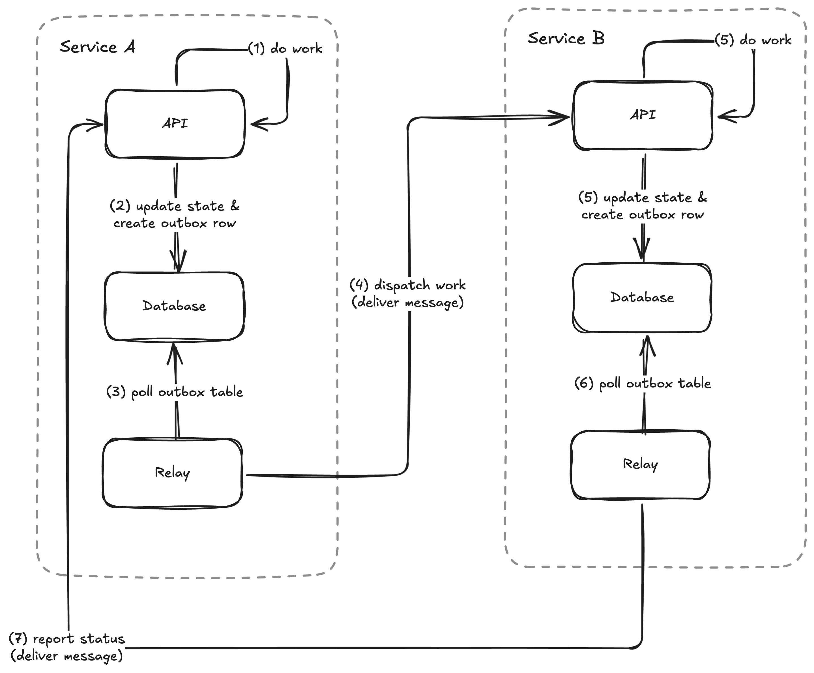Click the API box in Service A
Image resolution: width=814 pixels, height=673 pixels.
(x=175, y=124)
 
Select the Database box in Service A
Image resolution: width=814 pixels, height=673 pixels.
(x=174, y=306)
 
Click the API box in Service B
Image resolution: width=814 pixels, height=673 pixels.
(x=643, y=115)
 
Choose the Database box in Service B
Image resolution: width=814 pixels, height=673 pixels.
(x=642, y=297)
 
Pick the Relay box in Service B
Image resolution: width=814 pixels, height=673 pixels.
(x=640, y=464)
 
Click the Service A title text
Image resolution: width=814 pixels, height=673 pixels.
(x=97, y=47)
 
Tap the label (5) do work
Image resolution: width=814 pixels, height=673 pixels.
(x=753, y=40)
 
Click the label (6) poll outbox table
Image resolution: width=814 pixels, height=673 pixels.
(x=642, y=383)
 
